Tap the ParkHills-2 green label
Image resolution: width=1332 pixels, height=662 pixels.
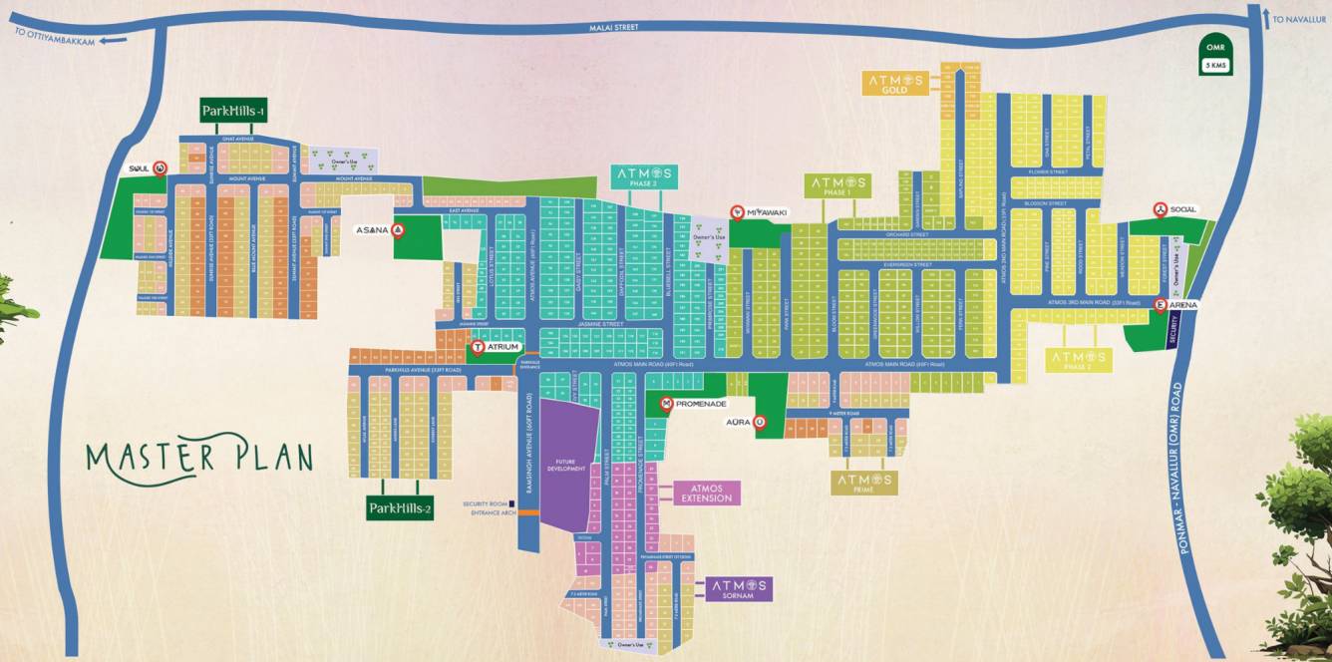pyautogui.click(x=400, y=508)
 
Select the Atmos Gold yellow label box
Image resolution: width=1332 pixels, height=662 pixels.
pyautogui.click(x=895, y=84)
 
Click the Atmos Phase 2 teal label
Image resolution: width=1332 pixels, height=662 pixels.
pyautogui.click(x=644, y=177)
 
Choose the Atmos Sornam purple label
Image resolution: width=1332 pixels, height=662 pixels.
pyautogui.click(x=739, y=588)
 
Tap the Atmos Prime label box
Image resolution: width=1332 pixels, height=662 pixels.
pyautogui.click(x=864, y=483)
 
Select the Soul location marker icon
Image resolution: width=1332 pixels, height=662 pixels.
pyautogui.click(x=160, y=168)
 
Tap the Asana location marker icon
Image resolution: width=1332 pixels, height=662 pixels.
pyautogui.click(x=397, y=230)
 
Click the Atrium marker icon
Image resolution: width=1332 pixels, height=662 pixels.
pyautogui.click(x=477, y=347)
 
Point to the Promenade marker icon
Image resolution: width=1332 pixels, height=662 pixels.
pyautogui.click(x=666, y=404)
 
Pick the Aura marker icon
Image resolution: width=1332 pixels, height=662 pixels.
pyautogui.click(x=760, y=422)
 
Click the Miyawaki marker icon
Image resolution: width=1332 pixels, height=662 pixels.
pyautogui.click(x=736, y=211)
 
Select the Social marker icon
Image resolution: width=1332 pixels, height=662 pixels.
pyautogui.click(x=1160, y=209)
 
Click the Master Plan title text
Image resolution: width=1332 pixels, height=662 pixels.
pyautogui.click(x=199, y=457)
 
